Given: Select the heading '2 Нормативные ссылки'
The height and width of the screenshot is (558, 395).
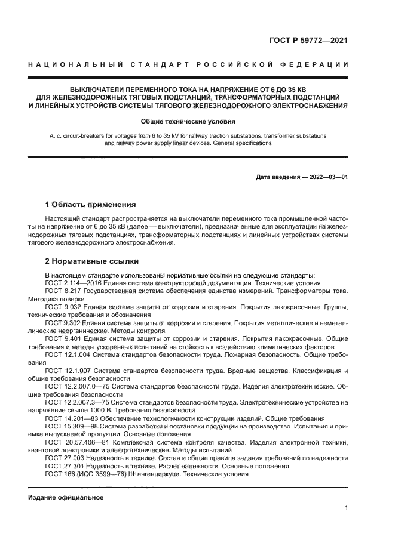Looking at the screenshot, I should pos(92,261).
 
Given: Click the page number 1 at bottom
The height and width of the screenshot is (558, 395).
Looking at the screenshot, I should pos(347,508).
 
